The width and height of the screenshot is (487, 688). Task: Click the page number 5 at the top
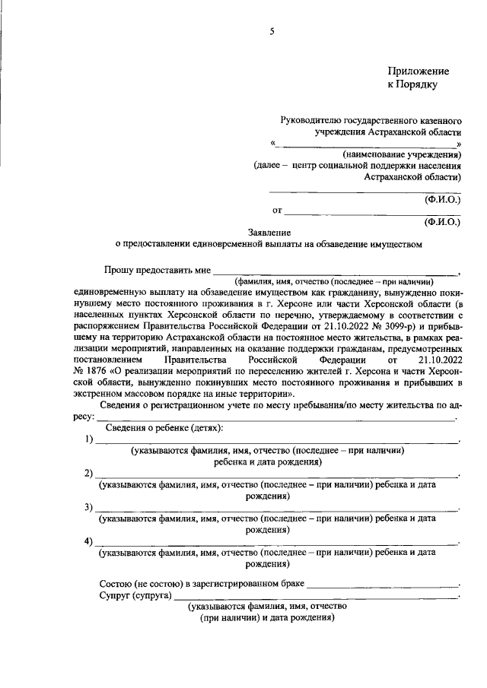[x=271, y=30]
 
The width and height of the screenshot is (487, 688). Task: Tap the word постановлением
[x=109, y=357]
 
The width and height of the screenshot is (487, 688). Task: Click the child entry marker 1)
[x=89, y=439]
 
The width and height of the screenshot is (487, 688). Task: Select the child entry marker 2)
[x=89, y=474]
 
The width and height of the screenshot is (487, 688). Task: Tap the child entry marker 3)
[x=89, y=508]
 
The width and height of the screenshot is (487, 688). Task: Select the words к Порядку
[x=412, y=84]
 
